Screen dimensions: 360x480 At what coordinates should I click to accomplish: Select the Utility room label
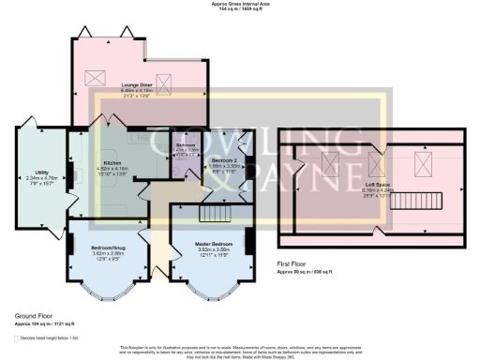click(41, 173)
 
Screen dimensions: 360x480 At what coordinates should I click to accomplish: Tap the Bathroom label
click(186, 147)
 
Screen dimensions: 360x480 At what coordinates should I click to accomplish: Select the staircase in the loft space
click(427, 201)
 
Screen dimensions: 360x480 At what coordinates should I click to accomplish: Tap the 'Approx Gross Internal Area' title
click(239, 5)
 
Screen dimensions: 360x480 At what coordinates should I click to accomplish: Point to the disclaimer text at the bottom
click(239, 350)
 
